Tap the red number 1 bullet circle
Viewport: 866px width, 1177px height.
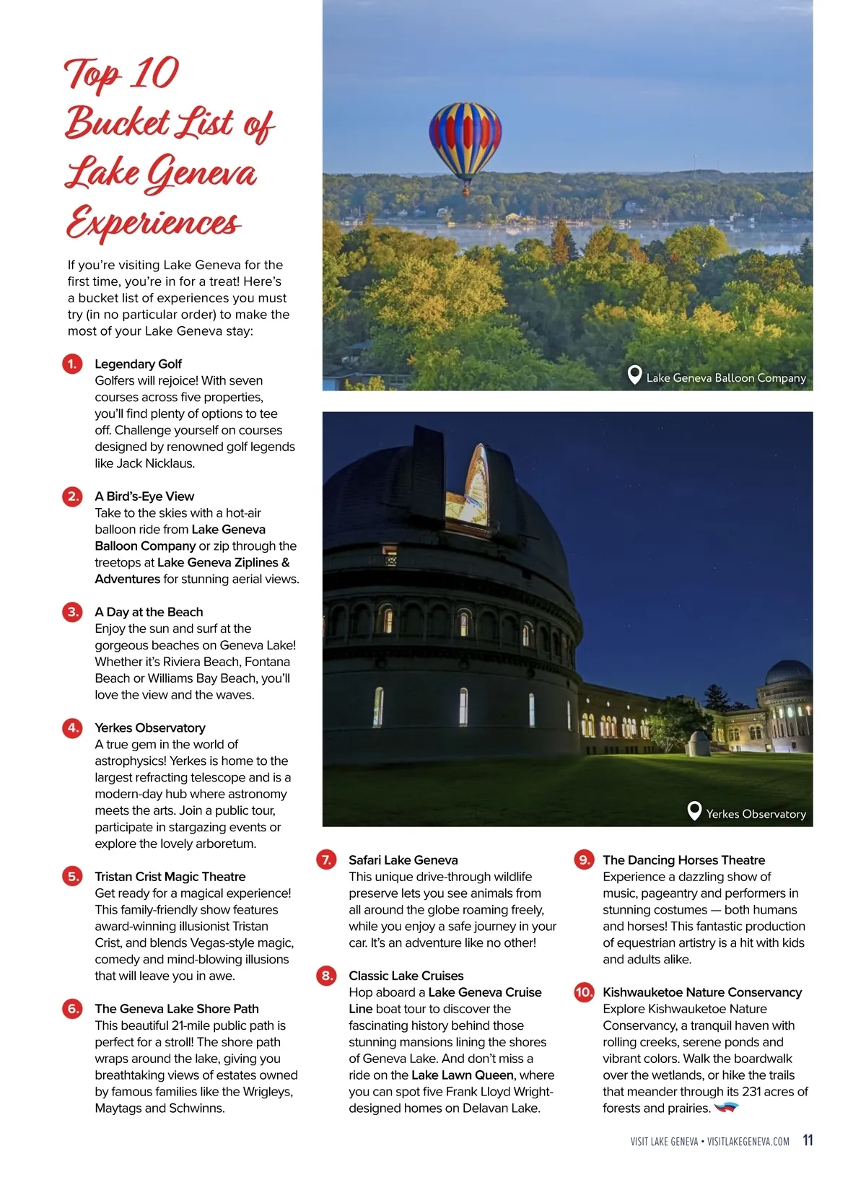(x=72, y=364)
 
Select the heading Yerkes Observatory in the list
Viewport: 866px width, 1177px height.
(x=150, y=727)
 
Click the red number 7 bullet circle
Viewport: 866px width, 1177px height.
(x=326, y=859)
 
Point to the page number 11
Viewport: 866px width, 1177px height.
(x=808, y=1140)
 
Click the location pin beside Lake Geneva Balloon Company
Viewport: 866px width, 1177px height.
(x=634, y=375)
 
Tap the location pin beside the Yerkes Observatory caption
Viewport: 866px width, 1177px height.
(x=694, y=811)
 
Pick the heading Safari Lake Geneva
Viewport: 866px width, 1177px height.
(x=403, y=859)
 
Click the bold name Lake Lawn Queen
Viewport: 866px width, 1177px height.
(x=462, y=1075)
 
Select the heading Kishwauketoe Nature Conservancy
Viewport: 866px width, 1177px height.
(x=702, y=992)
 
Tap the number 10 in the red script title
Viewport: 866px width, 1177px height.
(x=155, y=73)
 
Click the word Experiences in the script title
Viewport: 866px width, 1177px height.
(x=153, y=222)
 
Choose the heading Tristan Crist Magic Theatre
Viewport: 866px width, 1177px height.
(x=170, y=876)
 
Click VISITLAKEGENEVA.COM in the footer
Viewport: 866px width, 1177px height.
(x=748, y=1142)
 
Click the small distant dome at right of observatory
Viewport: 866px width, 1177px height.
(x=788, y=674)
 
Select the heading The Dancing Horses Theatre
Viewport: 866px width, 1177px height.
(x=683, y=859)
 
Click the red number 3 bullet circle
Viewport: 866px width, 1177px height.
(x=72, y=612)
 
